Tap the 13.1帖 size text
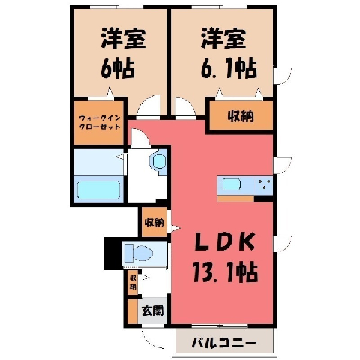[225, 272]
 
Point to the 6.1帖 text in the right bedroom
[229, 68]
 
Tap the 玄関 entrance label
[152, 310]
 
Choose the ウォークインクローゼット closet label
[100, 122]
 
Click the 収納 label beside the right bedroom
[241, 115]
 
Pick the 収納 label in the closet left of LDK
[154, 222]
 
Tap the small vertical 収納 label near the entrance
[133, 282]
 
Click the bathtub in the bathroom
[98, 190]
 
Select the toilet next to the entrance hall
[139, 253]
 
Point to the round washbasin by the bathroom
[157, 162]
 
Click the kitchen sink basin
[232, 184]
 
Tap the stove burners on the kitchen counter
[265, 184]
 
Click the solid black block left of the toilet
[113, 253]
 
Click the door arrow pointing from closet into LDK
[175, 228]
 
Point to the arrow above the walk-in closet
[109, 92]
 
